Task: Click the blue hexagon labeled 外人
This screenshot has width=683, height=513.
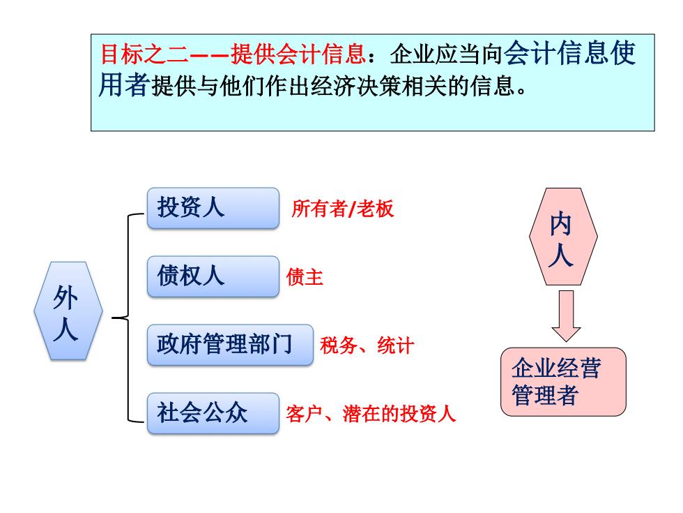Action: [68, 311]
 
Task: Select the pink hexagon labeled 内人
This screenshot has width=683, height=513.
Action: [563, 237]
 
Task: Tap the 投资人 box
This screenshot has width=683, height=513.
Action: [213, 208]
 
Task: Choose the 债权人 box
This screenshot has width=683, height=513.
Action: [213, 276]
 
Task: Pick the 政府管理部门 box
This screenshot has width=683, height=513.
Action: [230, 345]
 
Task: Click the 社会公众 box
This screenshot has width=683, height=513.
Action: [213, 413]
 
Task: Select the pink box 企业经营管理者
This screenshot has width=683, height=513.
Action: [563, 382]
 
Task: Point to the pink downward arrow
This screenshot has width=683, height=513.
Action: [566, 315]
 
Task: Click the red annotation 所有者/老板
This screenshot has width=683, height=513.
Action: [343, 209]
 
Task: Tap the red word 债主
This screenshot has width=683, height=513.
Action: [305, 277]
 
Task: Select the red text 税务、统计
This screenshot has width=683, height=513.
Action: [367, 345]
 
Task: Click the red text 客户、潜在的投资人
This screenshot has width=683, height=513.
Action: [371, 413]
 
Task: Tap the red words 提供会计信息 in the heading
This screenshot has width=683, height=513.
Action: [298, 54]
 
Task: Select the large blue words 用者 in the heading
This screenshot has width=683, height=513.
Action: [124, 84]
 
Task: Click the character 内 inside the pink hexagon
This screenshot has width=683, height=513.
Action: [560, 224]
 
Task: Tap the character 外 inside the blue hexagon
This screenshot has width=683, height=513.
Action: [66, 298]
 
